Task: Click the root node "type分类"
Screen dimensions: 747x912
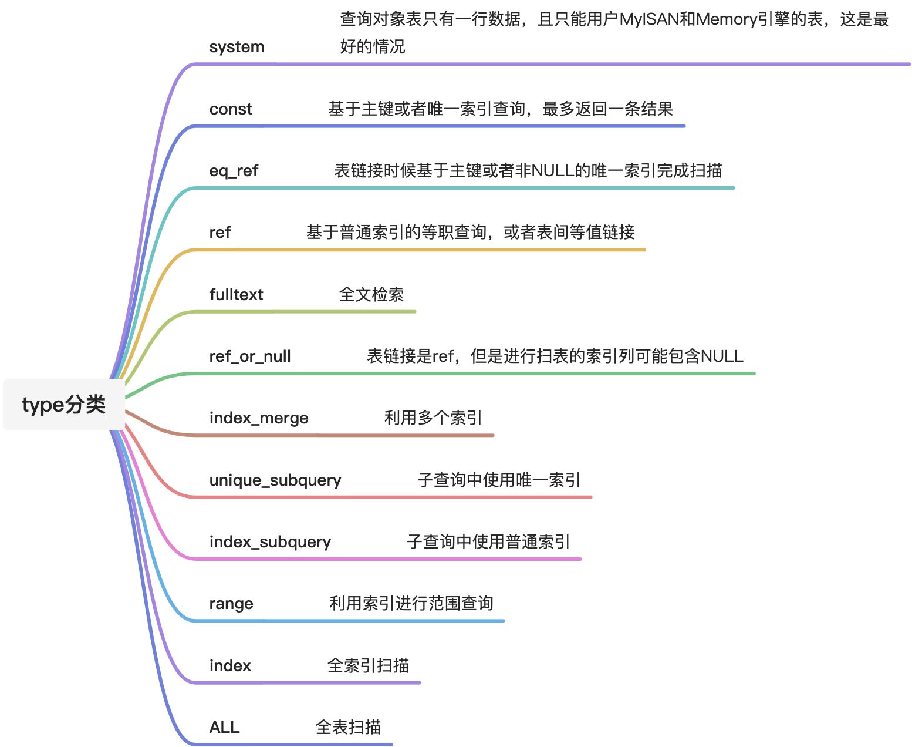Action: (63, 405)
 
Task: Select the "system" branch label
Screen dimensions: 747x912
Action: (237, 47)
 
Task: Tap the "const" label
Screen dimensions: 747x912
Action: (231, 109)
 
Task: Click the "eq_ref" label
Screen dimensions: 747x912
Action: (234, 171)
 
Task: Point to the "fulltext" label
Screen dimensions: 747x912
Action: (236, 294)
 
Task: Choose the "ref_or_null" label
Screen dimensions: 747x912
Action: (250, 356)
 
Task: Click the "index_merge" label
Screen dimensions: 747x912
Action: (259, 418)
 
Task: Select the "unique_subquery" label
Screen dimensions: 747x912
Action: (275, 480)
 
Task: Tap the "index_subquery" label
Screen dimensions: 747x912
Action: (270, 542)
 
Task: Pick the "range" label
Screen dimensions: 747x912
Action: (231, 604)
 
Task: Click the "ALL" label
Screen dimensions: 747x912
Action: (224, 728)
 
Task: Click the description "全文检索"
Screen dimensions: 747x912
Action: (371, 294)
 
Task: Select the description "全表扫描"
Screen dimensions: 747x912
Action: (348, 728)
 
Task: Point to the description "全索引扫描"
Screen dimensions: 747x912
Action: (368, 665)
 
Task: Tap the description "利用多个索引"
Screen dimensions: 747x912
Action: (433, 418)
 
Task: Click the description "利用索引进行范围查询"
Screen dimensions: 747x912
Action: (411, 604)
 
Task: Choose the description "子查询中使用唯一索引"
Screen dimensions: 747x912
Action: (499, 480)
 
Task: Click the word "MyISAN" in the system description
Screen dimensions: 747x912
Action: (648, 19)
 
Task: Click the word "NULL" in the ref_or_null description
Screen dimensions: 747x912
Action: (722, 356)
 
